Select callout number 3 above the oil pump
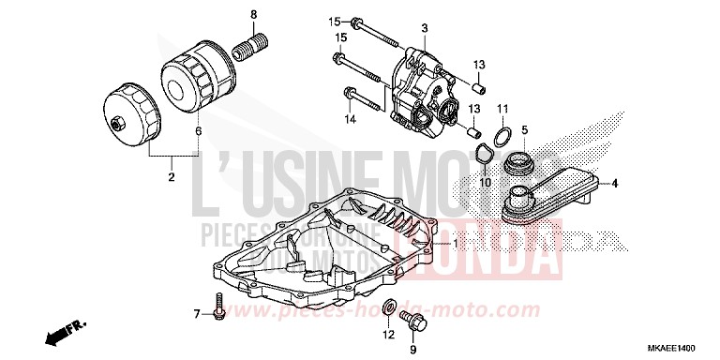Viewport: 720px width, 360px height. pos(424,30)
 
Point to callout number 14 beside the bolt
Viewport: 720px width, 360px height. pos(350,119)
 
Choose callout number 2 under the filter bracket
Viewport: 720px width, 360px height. pos(171,175)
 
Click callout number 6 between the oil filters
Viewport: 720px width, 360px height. pos(198,132)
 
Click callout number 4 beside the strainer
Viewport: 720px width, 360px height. pos(616,183)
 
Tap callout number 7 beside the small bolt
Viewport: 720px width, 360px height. pos(198,313)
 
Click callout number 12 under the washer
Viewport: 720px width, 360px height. pos(387,336)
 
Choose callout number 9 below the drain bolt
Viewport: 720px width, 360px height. pos(412,351)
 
